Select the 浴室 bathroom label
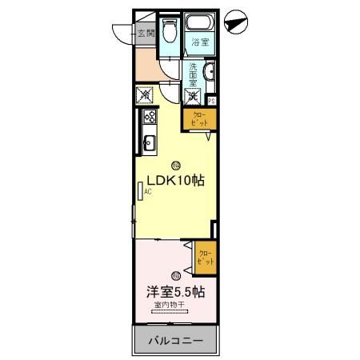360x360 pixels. [x=200, y=43]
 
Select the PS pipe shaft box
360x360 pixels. [x=211, y=101]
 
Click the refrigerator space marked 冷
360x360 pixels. [x=146, y=96]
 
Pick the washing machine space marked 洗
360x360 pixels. [x=194, y=97]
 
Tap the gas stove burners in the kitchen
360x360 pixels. [x=149, y=119]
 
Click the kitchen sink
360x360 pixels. [x=148, y=144]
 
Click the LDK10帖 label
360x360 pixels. [x=174, y=180]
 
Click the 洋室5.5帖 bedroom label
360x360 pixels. [x=174, y=292]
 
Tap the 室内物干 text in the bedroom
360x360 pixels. [x=170, y=306]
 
